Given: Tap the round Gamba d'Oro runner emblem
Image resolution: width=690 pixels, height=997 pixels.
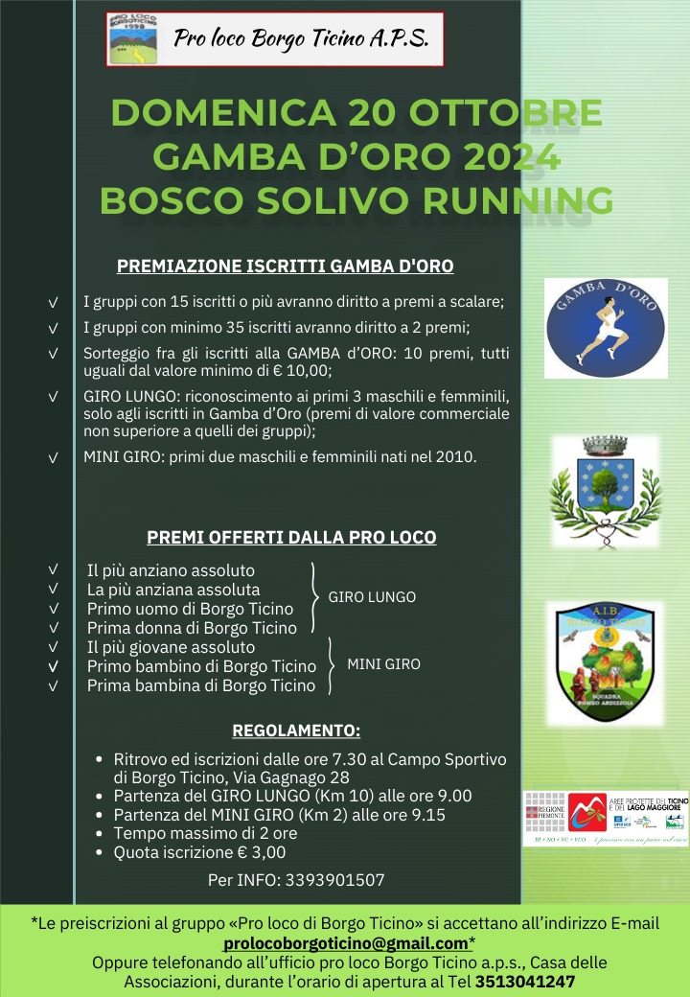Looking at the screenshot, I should click(606, 327).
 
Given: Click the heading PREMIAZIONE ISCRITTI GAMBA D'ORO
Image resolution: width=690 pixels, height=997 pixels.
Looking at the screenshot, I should click(285, 267).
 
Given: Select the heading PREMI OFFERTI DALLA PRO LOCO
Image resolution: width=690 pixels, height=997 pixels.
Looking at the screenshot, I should click(291, 538).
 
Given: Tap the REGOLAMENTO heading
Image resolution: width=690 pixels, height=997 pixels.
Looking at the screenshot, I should click(296, 730).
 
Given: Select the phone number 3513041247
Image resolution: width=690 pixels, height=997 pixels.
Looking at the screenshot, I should click(525, 982).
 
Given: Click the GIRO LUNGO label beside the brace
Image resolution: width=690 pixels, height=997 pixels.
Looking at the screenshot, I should click(372, 597).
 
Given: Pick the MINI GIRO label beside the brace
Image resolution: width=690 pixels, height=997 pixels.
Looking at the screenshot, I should click(383, 663).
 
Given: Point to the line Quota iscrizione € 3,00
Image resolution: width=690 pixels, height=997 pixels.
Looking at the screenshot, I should click(199, 852).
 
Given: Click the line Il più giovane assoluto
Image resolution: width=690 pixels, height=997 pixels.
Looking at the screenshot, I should click(171, 647).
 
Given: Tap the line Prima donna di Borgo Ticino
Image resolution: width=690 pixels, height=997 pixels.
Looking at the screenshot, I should click(192, 628).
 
